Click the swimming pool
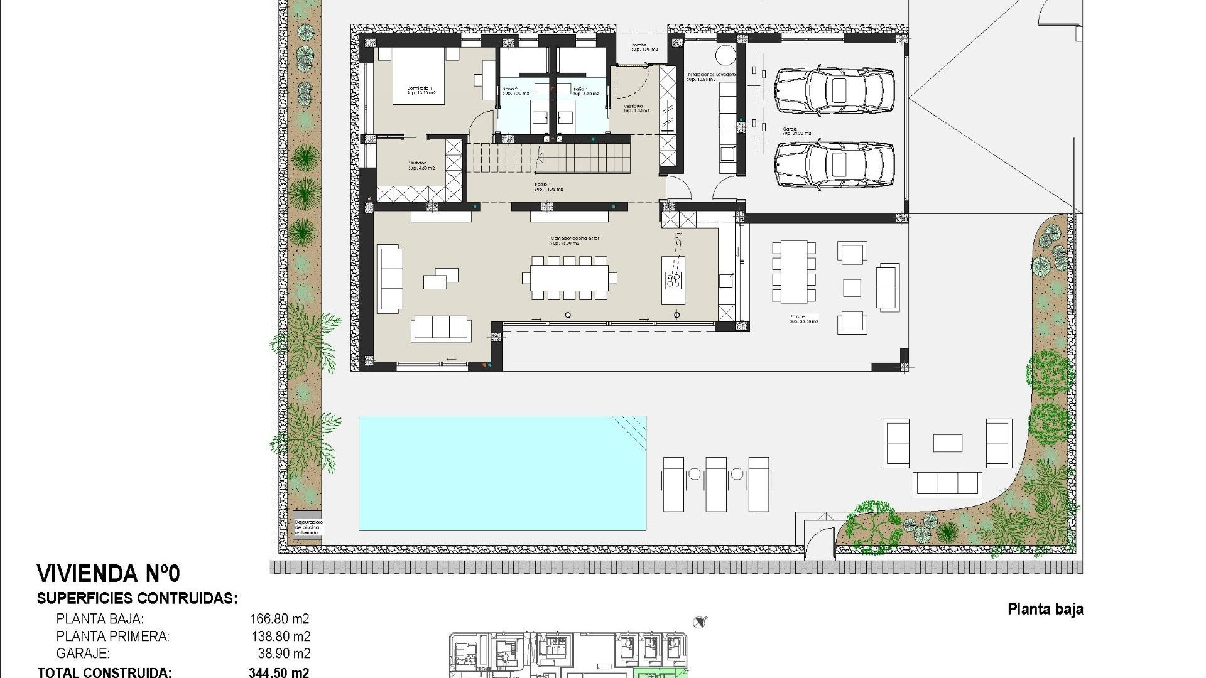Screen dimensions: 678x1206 [x=502, y=473]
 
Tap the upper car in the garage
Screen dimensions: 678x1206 [x=834, y=91]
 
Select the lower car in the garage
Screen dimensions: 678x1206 [x=834, y=165]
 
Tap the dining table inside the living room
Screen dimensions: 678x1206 [x=569, y=277]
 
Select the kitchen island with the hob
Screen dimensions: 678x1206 [x=673, y=281]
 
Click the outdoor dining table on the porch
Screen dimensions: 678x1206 [x=794, y=272]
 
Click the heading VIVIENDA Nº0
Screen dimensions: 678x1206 [x=109, y=574]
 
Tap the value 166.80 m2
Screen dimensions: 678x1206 [x=280, y=619]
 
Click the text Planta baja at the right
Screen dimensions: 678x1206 [x=1045, y=609]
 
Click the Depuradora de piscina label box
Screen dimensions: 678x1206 [x=308, y=526]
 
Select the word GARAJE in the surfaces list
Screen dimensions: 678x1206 [x=83, y=654]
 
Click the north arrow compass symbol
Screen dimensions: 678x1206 [x=699, y=622]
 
